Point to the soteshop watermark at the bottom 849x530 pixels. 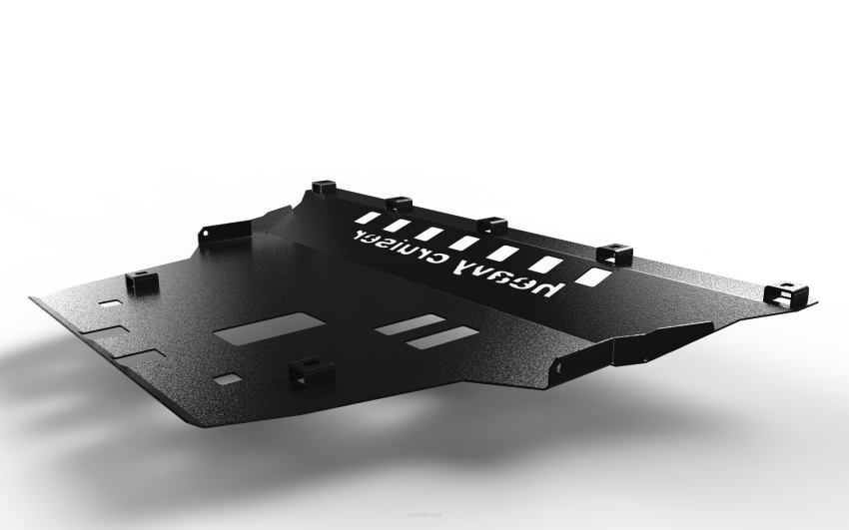(424, 514)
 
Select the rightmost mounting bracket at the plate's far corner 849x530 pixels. (786, 292)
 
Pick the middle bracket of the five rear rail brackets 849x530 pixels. (492, 224)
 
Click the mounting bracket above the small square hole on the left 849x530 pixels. (142, 282)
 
